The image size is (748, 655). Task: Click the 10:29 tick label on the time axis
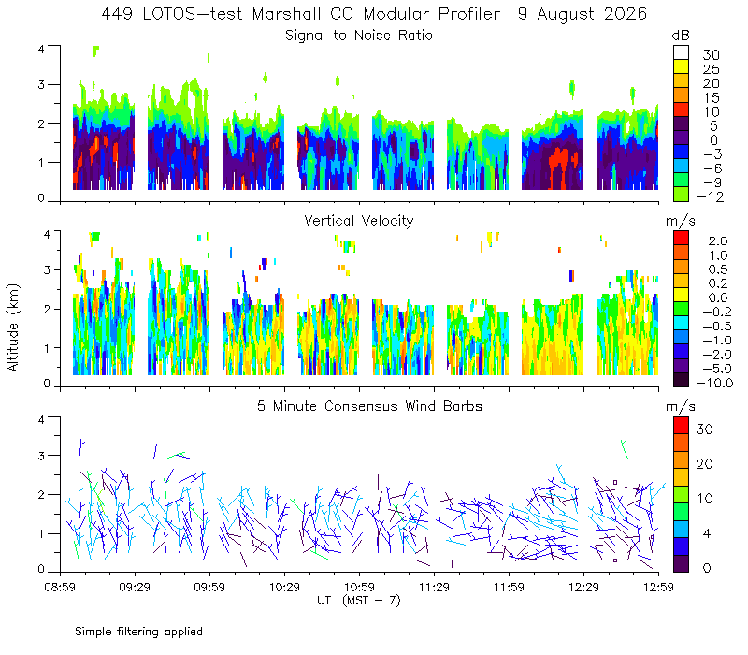point(284,587)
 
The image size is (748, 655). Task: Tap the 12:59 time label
point(658,587)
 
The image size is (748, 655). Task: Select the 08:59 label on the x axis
point(60,587)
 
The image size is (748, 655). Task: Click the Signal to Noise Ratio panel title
point(359,36)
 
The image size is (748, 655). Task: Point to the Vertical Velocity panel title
point(359,221)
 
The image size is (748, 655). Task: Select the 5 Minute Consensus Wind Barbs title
point(369,406)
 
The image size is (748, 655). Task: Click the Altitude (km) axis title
point(13,327)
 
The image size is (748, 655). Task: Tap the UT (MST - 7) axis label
point(359,600)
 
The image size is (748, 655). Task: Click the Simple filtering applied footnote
point(138,632)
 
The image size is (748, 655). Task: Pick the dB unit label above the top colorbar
point(681,36)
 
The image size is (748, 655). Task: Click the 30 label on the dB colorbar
point(711,55)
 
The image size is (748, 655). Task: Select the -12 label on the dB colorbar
point(711,196)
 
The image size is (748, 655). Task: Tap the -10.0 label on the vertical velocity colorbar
point(714,383)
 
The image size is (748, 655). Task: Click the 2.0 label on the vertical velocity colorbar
point(718,240)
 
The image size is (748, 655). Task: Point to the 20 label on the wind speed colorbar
point(705,463)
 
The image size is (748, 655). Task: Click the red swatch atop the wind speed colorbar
point(681,425)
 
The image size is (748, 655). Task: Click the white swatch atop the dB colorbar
point(681,52)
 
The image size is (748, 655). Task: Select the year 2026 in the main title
point(626,14)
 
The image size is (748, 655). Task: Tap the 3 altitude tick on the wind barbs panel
point(41,456)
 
